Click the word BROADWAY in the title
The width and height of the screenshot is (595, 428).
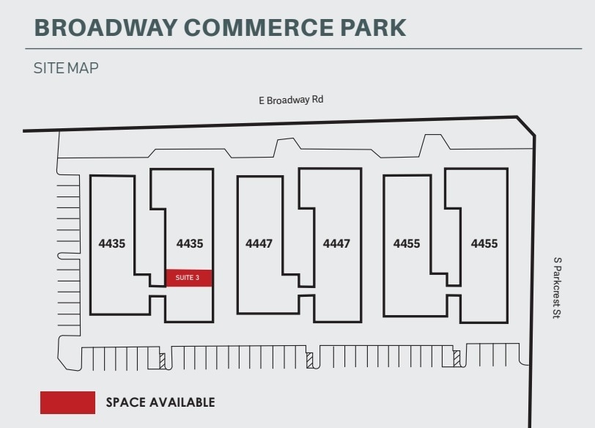(x=105, y=27)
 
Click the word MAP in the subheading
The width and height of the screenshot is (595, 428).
(x=84, y=68)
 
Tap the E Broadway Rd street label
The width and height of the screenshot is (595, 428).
(x=291, y=100)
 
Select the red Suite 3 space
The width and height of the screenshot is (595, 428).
(x=188, y=278)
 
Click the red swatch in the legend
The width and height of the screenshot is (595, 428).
(x=67, y=402)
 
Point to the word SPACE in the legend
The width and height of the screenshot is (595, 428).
(x=126, y=402)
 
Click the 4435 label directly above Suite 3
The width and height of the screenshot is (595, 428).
(x=190, y=243)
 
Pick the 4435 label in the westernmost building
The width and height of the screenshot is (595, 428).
(x=112, y=243)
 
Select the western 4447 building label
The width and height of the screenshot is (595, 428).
(x=259, y=243)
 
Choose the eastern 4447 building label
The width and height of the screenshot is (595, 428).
(x=337, y=243)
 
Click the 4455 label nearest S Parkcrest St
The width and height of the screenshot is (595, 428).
(x=484, y=243)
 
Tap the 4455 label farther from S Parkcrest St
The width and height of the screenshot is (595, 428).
(x=407, y=243)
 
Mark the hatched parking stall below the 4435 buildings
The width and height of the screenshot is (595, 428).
(x=163, y=360)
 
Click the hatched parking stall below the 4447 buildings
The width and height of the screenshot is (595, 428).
(x=310, y=360)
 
